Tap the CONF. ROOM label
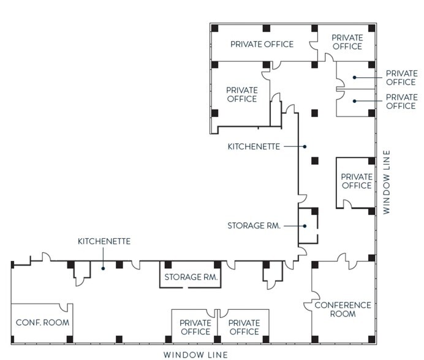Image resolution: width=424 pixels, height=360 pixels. point(42,323)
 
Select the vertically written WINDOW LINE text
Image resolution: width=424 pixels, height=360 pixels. point(386,182)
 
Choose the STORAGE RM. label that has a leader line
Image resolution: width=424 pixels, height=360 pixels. point(254,225)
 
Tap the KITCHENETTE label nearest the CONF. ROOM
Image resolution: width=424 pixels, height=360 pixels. point(104,241)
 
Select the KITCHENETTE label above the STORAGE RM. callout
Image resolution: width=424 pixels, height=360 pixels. point(254,146)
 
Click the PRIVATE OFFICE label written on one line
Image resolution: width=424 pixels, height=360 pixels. point(262,44)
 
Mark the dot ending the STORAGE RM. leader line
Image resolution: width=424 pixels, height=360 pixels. point(304,225)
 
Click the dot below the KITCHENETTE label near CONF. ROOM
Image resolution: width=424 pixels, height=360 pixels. point(104,267)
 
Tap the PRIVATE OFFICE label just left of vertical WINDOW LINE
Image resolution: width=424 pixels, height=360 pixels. point(356,181)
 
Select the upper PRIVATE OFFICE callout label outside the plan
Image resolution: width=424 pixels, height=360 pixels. point(401,78)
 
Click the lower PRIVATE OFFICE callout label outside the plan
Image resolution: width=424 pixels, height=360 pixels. point(401,102)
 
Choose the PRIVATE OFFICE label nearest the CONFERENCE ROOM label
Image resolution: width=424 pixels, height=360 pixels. point(244,327)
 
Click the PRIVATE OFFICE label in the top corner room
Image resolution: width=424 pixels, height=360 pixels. point(347,42)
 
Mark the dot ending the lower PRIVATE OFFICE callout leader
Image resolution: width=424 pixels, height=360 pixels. point(354,101)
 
